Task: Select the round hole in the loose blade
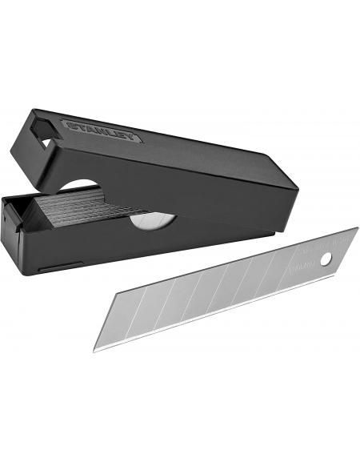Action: [325, 259]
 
